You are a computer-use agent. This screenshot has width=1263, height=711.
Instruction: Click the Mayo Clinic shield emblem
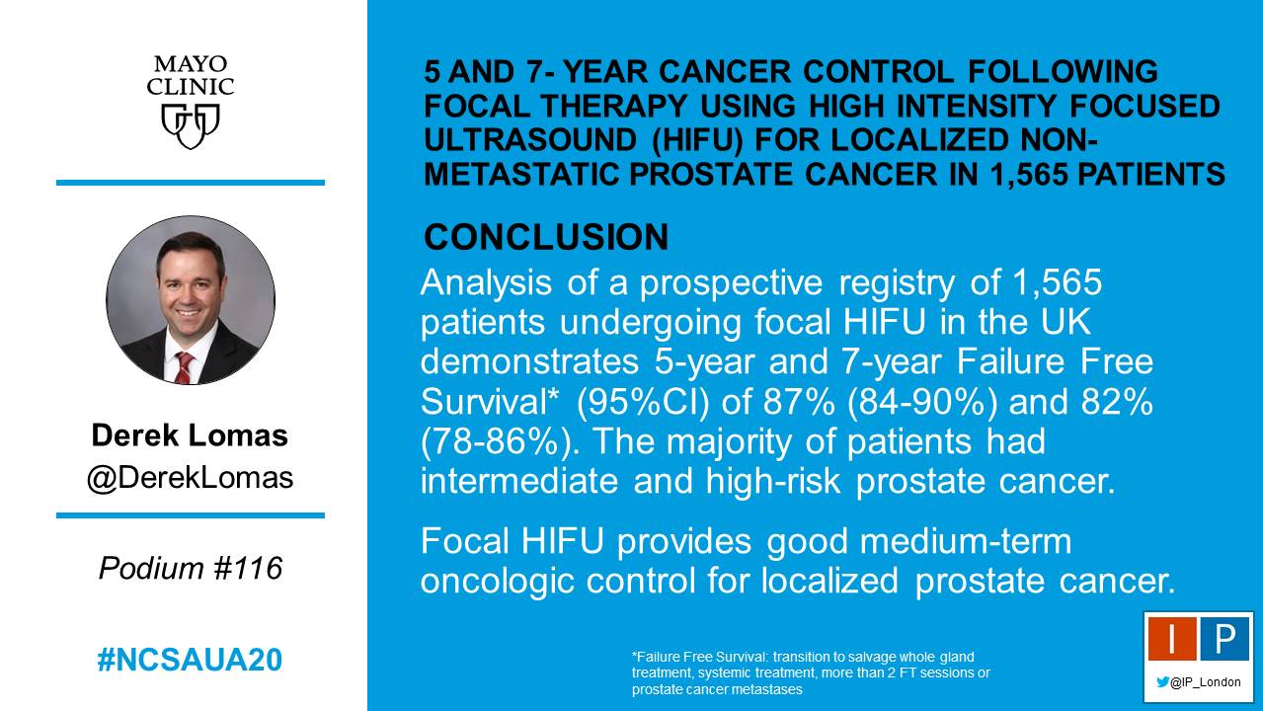pyautogui.click(x=190, y=126)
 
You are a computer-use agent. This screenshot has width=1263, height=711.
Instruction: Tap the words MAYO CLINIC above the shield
pyautogui.click(x=190, y=76)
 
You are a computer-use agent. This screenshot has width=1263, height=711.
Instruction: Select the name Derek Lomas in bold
pyautogui.click(x=190, y=435)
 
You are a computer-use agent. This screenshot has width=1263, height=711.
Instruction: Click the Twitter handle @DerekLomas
pyautogui.click(x=190, y=478)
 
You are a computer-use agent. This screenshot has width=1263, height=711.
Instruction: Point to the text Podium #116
pyautogui.click(x=190, y=568)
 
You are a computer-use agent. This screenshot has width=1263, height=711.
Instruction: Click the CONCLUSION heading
pyautogui.click(x=546, y=237)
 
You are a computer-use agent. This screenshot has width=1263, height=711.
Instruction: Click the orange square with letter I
pyautogui.click(x=1171, y=641)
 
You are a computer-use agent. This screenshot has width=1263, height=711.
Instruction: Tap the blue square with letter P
pyautogui.click(x=1224, y=641)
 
